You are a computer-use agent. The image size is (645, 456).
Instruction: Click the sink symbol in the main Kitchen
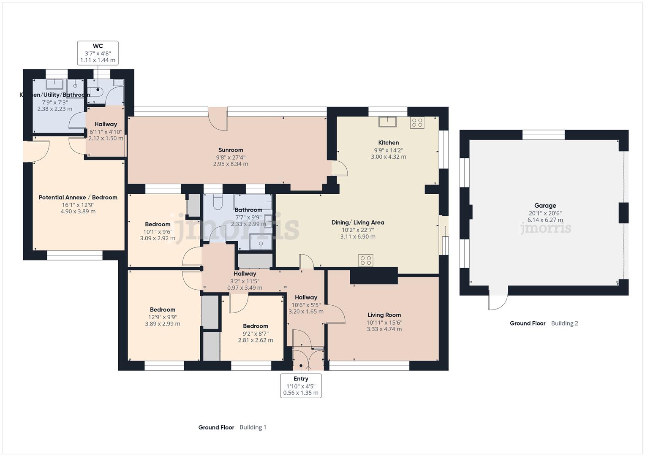coord(387,122)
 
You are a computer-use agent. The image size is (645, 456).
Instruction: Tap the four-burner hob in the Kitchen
coord(417,123)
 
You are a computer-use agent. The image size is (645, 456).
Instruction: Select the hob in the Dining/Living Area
coord(366,261)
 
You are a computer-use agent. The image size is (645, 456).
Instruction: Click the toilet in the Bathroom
coord(218,202)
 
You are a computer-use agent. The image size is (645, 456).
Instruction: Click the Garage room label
coord(545,206)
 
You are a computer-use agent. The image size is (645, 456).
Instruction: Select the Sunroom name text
coord(231,150)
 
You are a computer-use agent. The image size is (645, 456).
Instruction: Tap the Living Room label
coord(384,315)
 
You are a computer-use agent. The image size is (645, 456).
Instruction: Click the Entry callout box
coord(301,385)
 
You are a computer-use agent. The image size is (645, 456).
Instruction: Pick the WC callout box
coord(98,53)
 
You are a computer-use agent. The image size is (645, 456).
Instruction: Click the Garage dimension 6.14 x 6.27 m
coord(545,220)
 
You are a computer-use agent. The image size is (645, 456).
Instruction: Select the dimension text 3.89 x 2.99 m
coord(162,324)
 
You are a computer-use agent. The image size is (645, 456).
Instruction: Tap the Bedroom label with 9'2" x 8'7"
coord(256,326)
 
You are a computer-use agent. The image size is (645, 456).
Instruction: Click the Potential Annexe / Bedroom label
coord(78,197)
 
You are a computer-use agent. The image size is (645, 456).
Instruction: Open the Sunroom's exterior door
coord(218,119)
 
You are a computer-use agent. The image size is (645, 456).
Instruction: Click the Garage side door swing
coord(499,300)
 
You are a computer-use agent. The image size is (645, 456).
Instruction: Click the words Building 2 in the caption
coord(564,323)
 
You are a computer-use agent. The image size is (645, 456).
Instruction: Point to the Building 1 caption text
coord(253,427)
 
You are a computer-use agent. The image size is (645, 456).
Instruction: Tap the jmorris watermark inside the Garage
coord(545,228)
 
